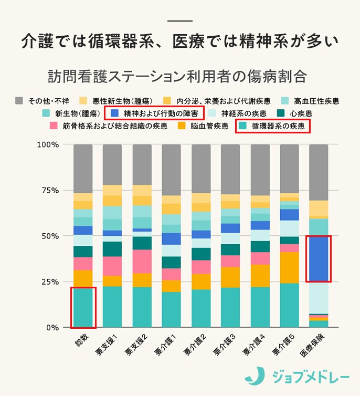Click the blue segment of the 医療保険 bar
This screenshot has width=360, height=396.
(x=319, y=258)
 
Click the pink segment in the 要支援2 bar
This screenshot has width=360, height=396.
(x=142, y=261)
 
